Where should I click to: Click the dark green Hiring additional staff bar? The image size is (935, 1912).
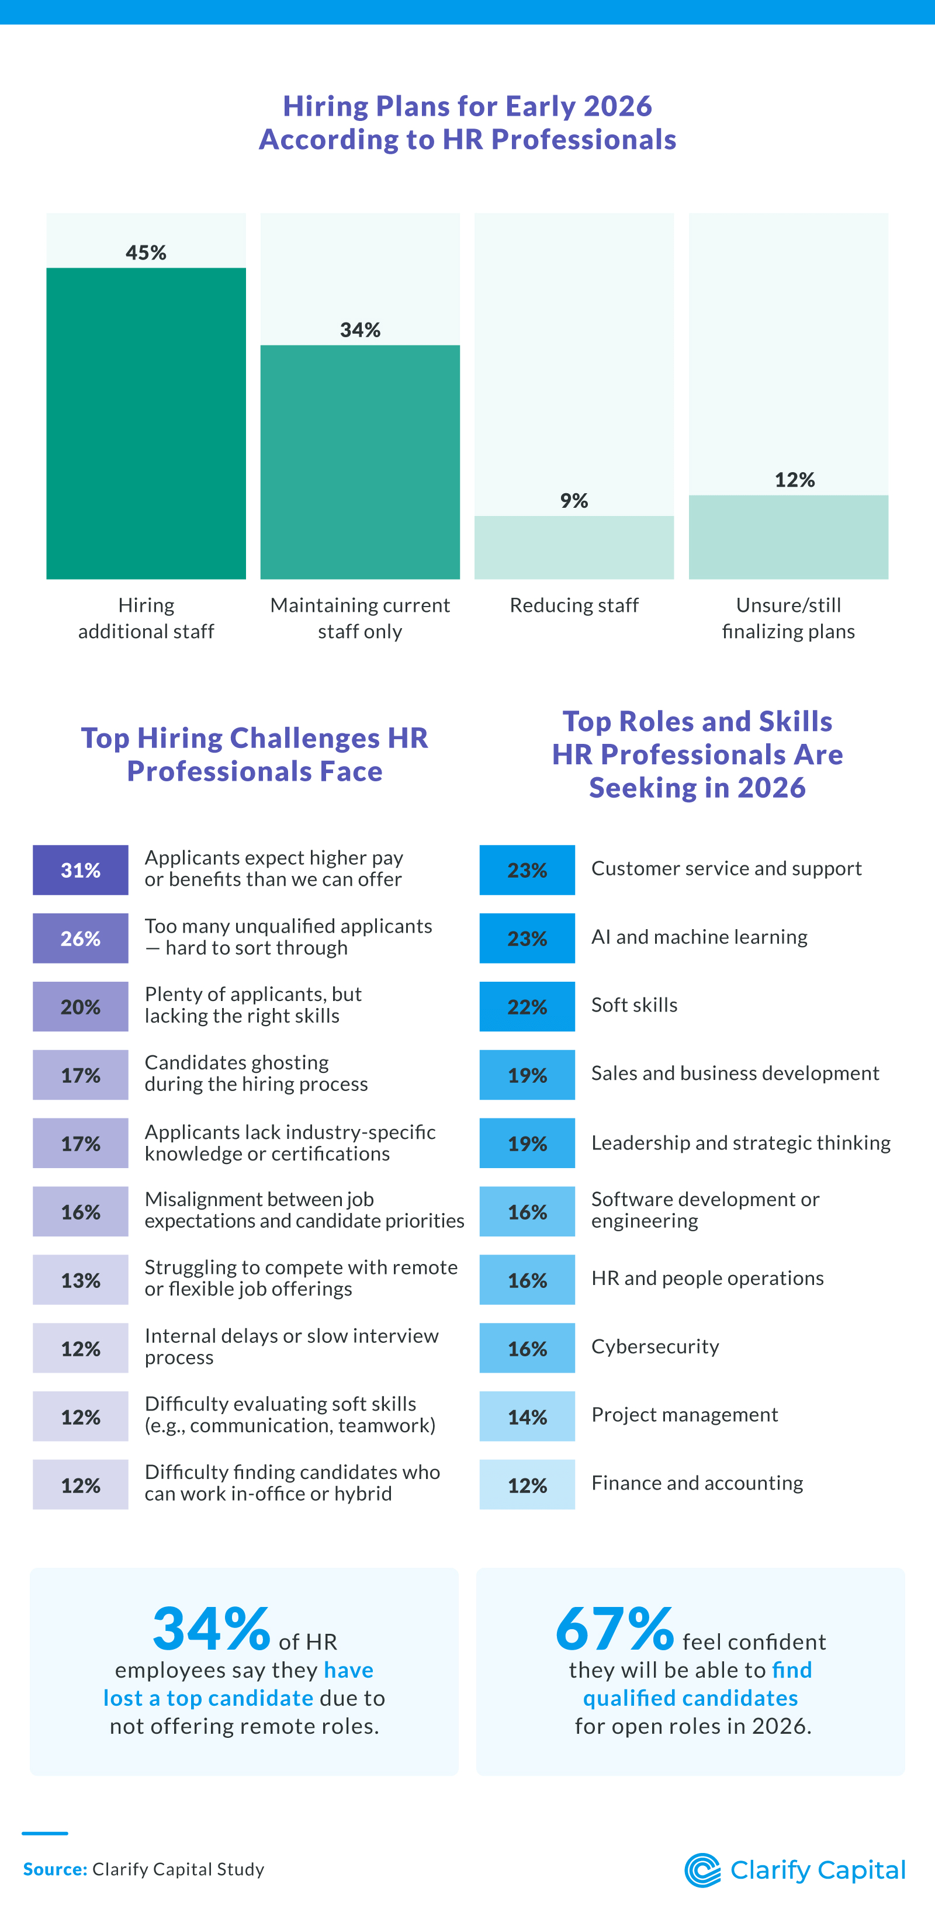click(x=146, y=423)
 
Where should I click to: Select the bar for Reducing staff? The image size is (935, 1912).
click(x=574, y=547)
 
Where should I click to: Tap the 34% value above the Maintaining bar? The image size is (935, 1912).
click(x=360, y=330)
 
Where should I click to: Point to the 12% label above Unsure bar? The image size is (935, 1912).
click(x=794, y=480)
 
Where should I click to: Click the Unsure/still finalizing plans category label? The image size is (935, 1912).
click(x=788, y=618)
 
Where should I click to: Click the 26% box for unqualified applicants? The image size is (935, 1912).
click(x=80, y=938)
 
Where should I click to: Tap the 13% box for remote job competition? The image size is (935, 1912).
click(x=80, y=1280)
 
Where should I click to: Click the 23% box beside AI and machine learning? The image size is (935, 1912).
click(x=527, y=938)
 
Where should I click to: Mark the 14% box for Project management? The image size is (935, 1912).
click(x=527, y=1416)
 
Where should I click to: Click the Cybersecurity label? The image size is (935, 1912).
click(x=654, y=1346)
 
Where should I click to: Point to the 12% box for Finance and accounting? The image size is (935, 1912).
click(x=527, y=1484)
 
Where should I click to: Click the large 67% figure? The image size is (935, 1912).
click(x=614, y=1629)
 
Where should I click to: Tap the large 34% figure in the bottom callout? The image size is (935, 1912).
click(x=212, y=1629)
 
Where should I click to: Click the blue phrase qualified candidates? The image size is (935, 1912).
click(x=690, y=1698)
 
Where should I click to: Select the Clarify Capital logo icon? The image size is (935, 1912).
click(x=702, y=1870)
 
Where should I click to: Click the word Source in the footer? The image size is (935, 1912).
click(x=54, y=1869)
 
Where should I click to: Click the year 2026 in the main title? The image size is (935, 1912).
click(x=618, y=106)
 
